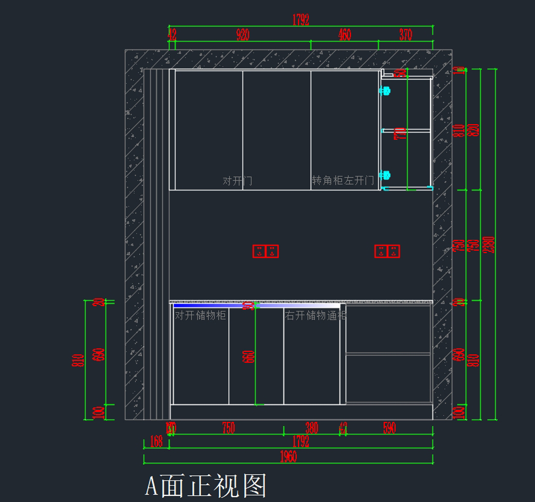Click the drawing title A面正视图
click(206, 486)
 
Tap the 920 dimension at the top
click(243, 35)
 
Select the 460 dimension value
click(345, 35)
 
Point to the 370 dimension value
click(406, 35)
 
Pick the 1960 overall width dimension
click(288, 457)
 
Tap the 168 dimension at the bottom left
click(156, 441)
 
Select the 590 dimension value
click(389, 428)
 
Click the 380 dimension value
click(312, 428)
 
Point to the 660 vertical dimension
click(248, 356)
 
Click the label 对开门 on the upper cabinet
click(237, 181)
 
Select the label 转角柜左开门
click(343, 180)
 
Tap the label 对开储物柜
click(200, 315)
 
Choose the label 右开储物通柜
click(316, 316)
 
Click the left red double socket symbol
click(266, 251)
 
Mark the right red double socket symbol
click(387, 251)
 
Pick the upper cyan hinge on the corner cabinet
click(385, 91)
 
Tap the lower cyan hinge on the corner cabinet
click(385, 175)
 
